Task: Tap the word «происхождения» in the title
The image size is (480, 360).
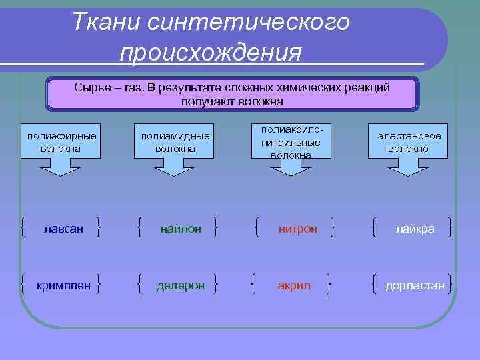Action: pos(210,52)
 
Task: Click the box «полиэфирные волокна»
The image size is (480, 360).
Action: pos(61,142)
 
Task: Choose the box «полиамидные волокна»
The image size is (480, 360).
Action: pos(175,142)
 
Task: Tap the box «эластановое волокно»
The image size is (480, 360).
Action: pos(408,142)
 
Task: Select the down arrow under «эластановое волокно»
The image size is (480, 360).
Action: pos(408,168)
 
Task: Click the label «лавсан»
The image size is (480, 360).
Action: pos(63,229)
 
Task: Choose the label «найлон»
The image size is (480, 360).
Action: pos(180,229)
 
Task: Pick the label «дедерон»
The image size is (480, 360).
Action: pos(179,286)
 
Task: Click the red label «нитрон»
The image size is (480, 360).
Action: pos(297,229)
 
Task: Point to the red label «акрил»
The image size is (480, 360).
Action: pos(294,286)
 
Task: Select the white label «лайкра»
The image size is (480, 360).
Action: pos(414,229)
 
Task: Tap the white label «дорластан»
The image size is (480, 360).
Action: pos(415,286)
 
